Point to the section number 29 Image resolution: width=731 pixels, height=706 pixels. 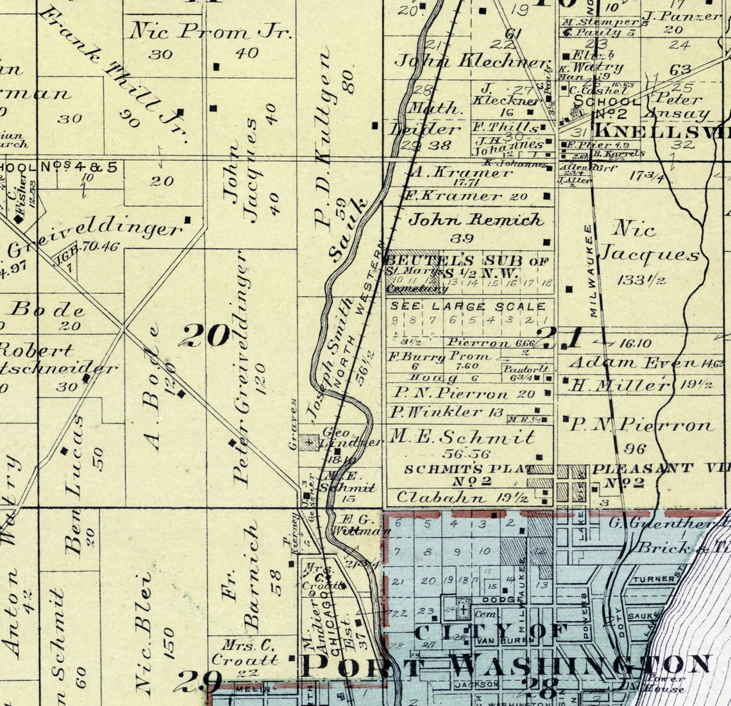[x=200, y=680]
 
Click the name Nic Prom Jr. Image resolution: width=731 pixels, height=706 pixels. [x=211, y=31]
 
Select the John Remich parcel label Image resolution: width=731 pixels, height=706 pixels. [x=475, y=220]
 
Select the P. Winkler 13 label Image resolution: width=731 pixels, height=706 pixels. [x=446, y=412]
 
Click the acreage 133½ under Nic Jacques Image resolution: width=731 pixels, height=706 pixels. [x=641, y=280]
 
